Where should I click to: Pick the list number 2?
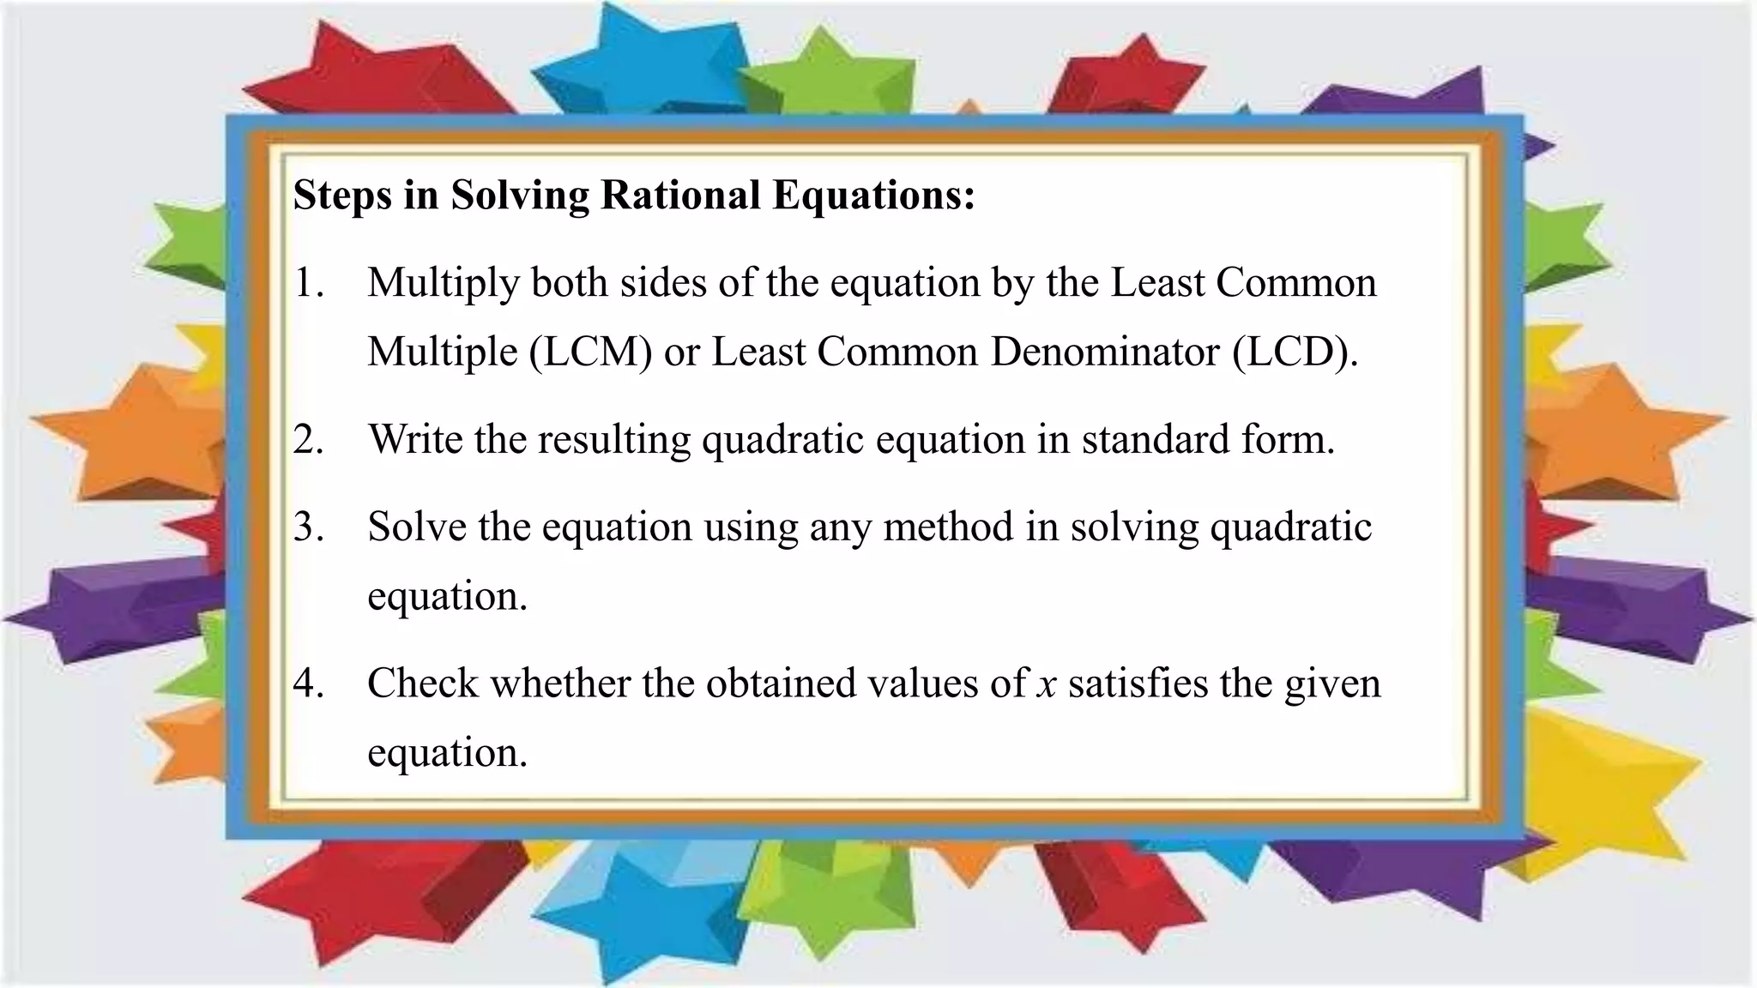point(308,440)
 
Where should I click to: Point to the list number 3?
point(308,527)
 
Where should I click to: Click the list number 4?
point(308,684)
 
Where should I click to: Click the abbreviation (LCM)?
point(590,352)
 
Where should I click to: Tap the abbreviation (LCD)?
point(1295,352)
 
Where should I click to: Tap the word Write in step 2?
point(415,440)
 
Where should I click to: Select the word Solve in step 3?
point(417,527)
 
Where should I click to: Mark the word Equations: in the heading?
point(873,196)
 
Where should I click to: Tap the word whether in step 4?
point(559,684)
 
